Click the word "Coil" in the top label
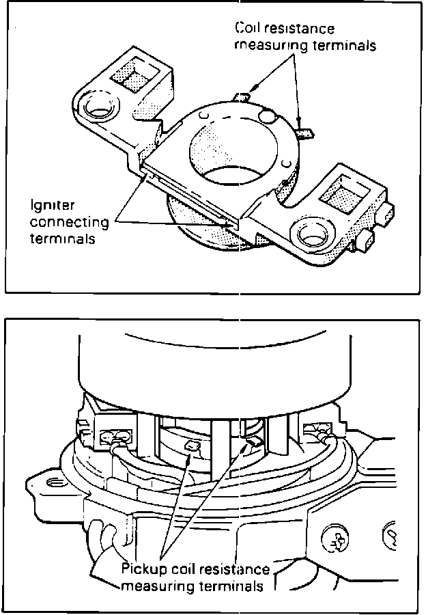point(248,29)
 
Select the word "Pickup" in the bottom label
point(141,569)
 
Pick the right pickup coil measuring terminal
point(255,443)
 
